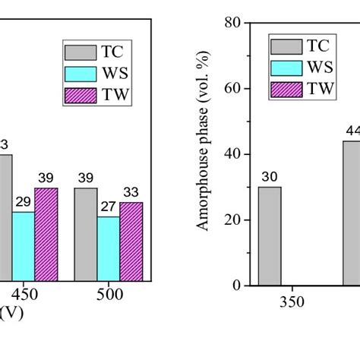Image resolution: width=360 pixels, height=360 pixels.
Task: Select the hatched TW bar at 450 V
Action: coord(46,234)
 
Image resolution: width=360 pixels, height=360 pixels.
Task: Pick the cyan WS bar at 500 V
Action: coord(108,248)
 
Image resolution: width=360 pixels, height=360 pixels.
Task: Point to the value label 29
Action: coord(23,203)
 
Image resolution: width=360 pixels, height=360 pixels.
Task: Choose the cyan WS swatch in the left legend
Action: coord(78,74)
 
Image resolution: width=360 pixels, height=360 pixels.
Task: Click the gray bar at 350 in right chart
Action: coord(270,235)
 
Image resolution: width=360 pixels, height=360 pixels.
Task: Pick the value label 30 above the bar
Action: coord(270,177)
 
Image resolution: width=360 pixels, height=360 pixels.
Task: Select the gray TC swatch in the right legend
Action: coord(285,46)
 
